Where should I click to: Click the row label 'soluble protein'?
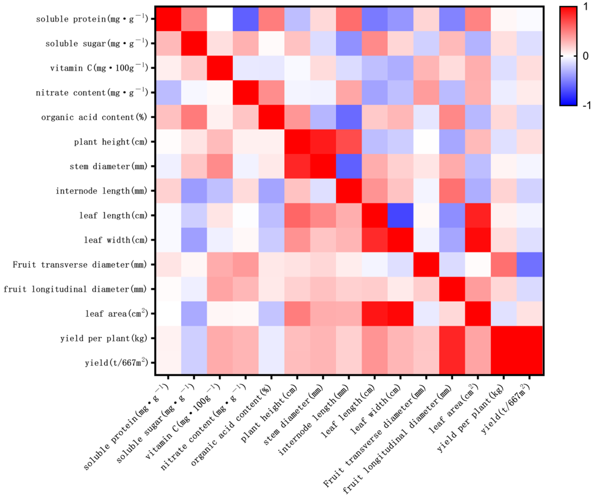point(92,19)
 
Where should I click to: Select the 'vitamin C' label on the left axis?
point(99,68)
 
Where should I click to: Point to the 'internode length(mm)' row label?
point(101,191)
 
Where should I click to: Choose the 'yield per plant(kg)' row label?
point(104,339)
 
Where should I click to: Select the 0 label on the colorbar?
point(585,56)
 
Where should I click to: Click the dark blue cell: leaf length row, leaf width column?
point(400,215)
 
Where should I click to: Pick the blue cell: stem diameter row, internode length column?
point(349,166)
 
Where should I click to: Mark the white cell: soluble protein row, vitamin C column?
point(220,19)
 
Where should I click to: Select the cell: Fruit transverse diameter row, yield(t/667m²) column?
point(529,264)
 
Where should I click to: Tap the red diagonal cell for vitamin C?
point(220,68)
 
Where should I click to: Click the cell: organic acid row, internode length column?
point(349,117)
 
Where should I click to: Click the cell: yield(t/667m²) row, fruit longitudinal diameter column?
point(452,363)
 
